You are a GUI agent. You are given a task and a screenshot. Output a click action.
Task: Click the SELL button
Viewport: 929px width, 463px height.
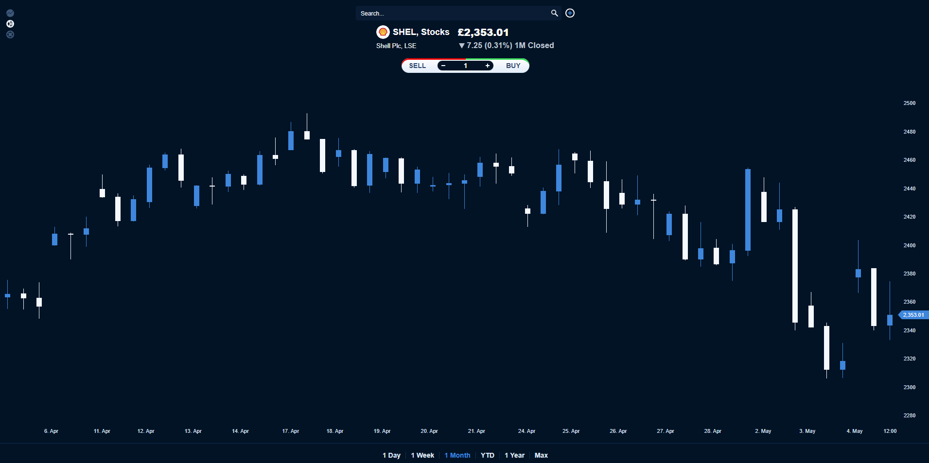(417, 66)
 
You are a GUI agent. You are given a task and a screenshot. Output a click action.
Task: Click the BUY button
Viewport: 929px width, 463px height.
(513, 66)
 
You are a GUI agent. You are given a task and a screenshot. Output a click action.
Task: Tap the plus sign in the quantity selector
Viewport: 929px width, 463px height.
(487, 66)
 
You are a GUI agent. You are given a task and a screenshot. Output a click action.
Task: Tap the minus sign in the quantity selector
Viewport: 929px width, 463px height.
(443, 66)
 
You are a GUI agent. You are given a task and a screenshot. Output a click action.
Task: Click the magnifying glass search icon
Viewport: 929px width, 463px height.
(554, 13)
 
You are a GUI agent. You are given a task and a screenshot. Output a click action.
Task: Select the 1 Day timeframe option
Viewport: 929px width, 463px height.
(391, 455)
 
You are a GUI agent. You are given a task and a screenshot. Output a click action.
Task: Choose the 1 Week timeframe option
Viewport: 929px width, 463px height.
(422, 455)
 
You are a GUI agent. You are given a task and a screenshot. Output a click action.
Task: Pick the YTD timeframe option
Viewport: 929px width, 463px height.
(487, 455)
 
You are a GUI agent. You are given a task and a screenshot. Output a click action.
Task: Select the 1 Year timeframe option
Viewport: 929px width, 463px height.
(514, 455)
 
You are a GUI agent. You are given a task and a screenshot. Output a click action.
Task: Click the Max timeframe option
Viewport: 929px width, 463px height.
(541, 455)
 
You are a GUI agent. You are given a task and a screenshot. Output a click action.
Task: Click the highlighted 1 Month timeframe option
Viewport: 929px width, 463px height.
(457, 455)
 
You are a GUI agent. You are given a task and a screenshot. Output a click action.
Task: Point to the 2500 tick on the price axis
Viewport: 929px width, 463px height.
(909, 103)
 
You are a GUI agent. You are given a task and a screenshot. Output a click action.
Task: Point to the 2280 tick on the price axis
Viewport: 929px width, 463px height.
(909, 415)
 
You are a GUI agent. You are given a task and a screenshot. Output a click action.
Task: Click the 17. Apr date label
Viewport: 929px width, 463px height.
(291, 431)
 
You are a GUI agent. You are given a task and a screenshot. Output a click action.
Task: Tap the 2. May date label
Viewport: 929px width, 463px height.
(763, 431)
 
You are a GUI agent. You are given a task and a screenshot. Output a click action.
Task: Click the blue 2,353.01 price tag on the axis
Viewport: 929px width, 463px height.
(913, 315)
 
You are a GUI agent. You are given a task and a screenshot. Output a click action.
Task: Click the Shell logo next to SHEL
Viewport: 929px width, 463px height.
(383, 32)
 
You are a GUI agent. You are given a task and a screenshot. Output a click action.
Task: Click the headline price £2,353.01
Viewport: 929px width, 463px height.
(483, 33)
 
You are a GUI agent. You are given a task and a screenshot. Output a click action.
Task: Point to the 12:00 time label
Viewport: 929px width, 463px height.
(890, 431)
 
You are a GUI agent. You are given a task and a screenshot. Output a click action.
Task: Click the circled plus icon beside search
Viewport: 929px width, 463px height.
(570, 13)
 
